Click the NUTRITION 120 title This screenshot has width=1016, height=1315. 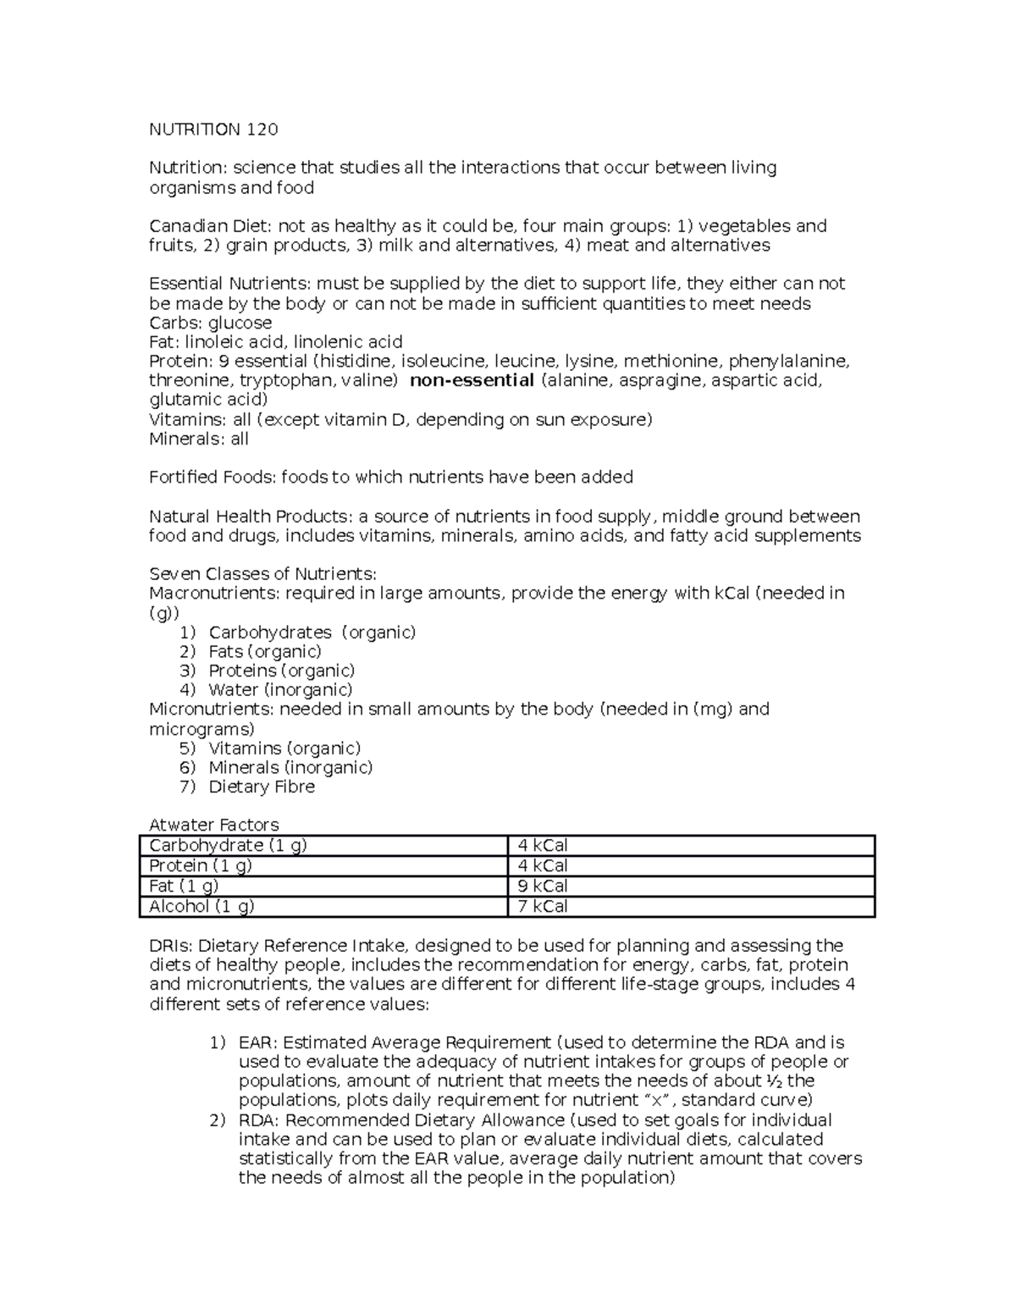[x=213, y=130]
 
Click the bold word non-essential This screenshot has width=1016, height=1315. [x=472, y=380]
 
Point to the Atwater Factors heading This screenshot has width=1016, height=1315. [x=213, y=825]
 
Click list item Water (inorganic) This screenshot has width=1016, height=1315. [x=280, y=690]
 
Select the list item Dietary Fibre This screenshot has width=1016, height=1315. [x=262, y=787]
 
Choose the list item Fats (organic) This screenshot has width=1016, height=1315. [x=265, y=651]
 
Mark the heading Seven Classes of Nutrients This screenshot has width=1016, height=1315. [x=262, y=574]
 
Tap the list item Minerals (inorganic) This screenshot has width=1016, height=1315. [x=290, y=767]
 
